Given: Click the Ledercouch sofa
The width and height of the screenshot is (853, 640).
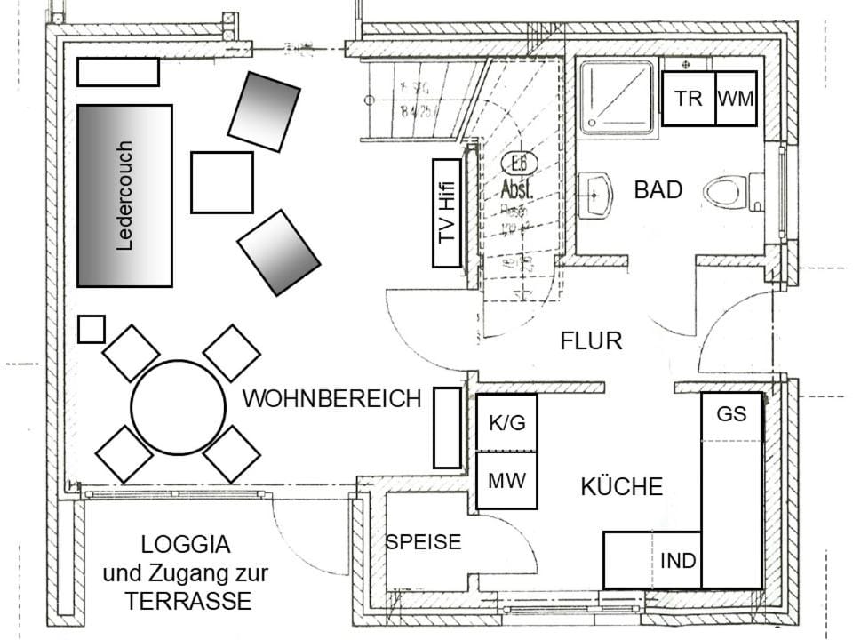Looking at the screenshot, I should tap(124, 196).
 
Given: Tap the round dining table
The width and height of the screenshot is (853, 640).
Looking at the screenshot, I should tap(178, 407).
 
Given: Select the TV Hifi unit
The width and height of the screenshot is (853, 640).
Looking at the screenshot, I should tap(447, 213).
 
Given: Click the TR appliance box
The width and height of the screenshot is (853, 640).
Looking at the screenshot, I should tap(689, 99).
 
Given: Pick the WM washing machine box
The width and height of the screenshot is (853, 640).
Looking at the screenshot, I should tap(736, 99).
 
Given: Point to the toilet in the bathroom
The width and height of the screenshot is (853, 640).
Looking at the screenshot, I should tap(726, 192).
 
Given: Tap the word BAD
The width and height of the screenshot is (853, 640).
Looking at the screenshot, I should tap(658, 189).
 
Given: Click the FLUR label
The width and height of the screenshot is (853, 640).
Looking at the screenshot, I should tap(591, 340).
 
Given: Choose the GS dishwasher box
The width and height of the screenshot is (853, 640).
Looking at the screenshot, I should tap(732, 415).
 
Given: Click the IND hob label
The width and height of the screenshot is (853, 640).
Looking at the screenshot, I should tap(678, 561).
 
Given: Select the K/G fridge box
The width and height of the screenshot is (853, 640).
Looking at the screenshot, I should tap(507, 423).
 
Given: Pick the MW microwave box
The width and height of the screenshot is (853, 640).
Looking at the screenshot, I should tap(507, 481).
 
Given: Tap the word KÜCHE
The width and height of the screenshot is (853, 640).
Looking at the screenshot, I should tap(622, 486).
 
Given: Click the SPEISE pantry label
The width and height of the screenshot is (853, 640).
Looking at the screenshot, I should tap(423, 541).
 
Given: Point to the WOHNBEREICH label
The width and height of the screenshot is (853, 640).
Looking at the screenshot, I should tap(331, 399).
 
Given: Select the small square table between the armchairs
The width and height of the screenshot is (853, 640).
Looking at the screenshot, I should tap(222, 182).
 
